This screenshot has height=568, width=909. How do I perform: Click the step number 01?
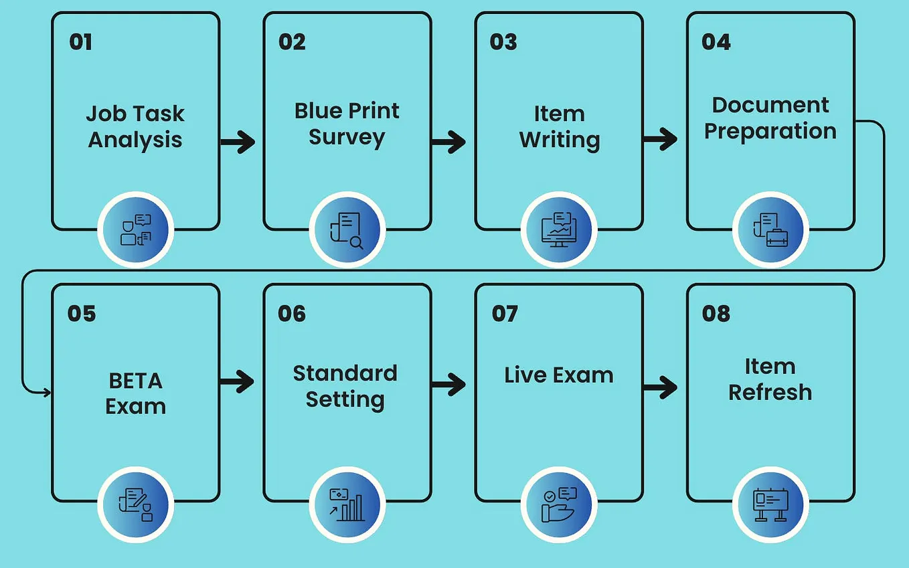(x=80, y=42)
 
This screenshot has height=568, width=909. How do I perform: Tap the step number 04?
(x=716, y=42)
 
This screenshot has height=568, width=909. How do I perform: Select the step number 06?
(x=292, y=314)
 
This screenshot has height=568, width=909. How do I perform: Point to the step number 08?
(x=716, y=314)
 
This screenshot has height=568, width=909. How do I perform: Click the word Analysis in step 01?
(x=135, y=140)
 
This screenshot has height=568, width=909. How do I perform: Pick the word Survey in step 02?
(x=347, y=137)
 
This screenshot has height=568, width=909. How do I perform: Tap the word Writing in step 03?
(x=560, y=140)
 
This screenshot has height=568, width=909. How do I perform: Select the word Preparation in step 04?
(x=770, y=130)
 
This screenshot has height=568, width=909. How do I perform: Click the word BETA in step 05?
(x=135, y=381)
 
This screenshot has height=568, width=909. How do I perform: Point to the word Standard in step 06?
(x=345, y=373)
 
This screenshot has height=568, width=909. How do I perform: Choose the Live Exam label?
(x=559, y=375)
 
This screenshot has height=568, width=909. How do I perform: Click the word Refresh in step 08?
(x=770, y=392)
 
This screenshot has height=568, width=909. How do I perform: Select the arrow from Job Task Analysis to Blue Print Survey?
(x=238, y=141)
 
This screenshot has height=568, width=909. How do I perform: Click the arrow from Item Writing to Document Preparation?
(x=660, y=140)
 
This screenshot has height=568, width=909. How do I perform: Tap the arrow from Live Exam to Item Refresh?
(x=660, y=386)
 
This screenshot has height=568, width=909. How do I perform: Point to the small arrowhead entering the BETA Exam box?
(x=47, y=392)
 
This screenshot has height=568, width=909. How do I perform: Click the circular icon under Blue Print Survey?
(x=347, y=230)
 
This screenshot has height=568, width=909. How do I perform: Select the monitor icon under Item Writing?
(x=559, y=230)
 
